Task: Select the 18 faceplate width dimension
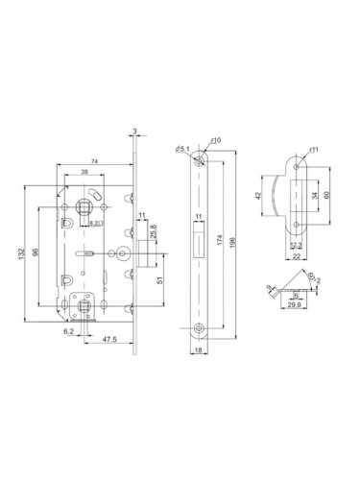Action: click(x=196, y=353)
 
